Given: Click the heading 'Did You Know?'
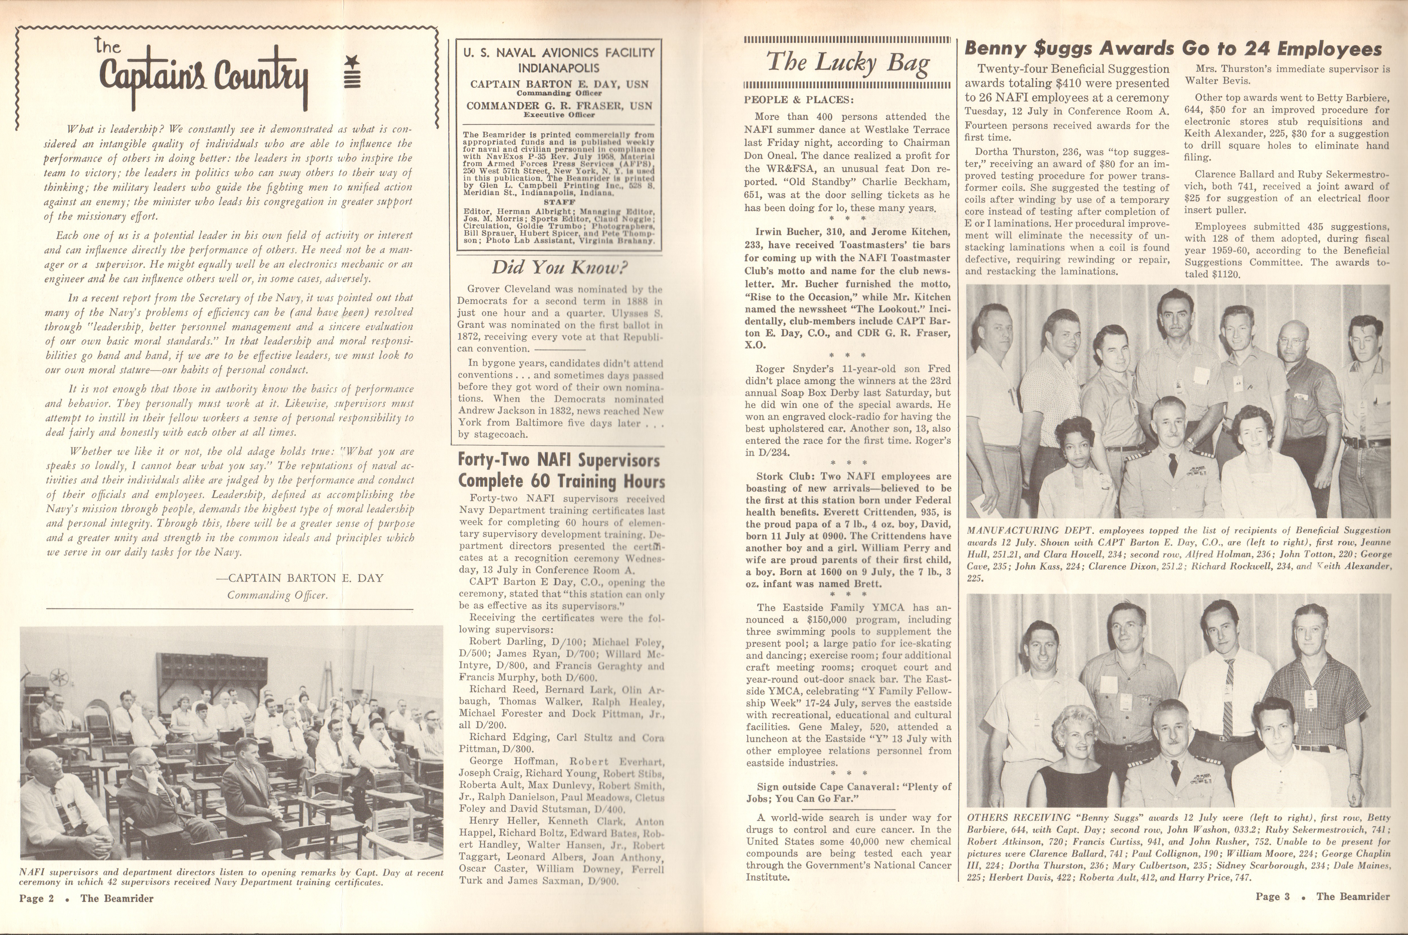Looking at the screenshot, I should [x=559, y=267].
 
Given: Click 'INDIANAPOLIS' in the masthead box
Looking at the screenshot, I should [x=559, y=68].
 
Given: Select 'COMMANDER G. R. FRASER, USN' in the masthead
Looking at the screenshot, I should [x=559, y=106].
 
